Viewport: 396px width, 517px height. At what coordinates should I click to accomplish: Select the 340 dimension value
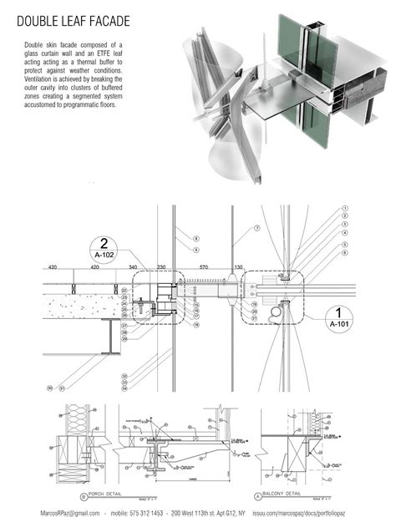coord(132,267)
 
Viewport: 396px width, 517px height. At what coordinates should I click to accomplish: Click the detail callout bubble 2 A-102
coord(105,248)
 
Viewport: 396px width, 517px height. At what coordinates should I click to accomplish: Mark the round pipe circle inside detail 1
coord(277,311)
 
